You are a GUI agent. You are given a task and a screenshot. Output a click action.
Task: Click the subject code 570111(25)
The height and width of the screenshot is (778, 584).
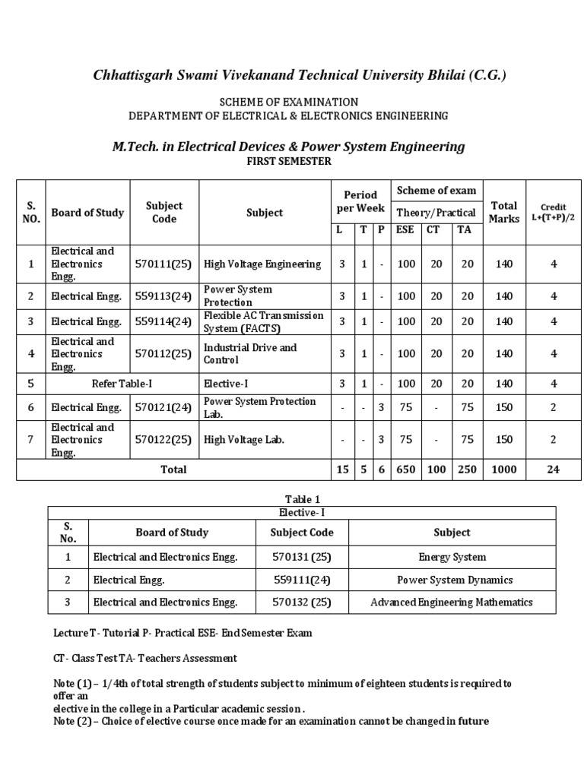[x=164, y=264]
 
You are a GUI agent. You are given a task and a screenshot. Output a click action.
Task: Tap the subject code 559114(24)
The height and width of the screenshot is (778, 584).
[x=164, y=321]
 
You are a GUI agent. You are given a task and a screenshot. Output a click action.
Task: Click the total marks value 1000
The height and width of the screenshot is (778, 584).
[x=503, y=470]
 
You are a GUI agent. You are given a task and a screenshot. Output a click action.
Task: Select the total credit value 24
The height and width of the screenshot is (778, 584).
[x=554, y=470]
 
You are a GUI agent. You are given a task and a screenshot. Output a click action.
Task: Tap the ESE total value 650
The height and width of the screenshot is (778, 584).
[x=406, y=470]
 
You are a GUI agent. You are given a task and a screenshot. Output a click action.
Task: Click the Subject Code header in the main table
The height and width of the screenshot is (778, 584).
[x=164, y=213]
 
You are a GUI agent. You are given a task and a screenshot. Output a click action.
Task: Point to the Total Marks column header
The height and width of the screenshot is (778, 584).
[x=503, y=213]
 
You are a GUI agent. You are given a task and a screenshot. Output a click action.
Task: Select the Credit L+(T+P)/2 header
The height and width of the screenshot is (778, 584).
[x=554, y=213]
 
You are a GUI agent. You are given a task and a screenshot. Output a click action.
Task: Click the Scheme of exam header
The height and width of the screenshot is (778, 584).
[x=436, y=191]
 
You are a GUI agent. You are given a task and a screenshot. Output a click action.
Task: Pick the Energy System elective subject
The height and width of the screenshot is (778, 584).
[x=452, y=557]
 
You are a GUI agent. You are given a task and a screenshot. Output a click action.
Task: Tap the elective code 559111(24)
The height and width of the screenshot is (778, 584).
[x=302, y=580]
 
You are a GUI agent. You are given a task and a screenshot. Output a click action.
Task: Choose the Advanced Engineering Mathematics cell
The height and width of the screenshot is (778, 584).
[x=452, y=602]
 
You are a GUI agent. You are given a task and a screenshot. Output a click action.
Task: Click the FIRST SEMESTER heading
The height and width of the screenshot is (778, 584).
[x=288, y=162]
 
